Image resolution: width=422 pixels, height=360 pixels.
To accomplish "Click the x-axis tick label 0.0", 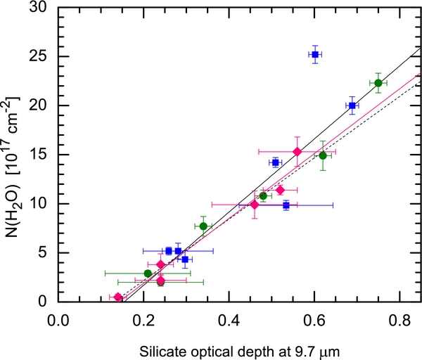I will click(x=57, y=319).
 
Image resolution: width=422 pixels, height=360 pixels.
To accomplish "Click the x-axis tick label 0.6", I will click(x=316, y=319).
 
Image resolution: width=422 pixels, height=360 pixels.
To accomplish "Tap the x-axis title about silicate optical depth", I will click(x=239, y=347).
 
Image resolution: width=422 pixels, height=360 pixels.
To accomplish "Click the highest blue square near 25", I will click(x=316, y=54).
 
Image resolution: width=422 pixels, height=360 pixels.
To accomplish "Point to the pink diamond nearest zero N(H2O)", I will click(x=118, y=297).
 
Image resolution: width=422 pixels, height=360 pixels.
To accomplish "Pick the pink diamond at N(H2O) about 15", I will click(x=297, y=152).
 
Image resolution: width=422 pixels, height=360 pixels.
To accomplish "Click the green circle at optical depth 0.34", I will click(x=203, y=226).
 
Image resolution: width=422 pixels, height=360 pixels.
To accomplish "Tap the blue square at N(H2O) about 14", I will click(x=275, y=162).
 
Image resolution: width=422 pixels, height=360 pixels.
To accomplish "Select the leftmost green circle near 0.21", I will click(x=148, y=273).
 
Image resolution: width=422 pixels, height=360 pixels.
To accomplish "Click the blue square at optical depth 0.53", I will click(x=286, y=205).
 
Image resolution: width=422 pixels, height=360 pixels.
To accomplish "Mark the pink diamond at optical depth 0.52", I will click(x=280, y=190).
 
